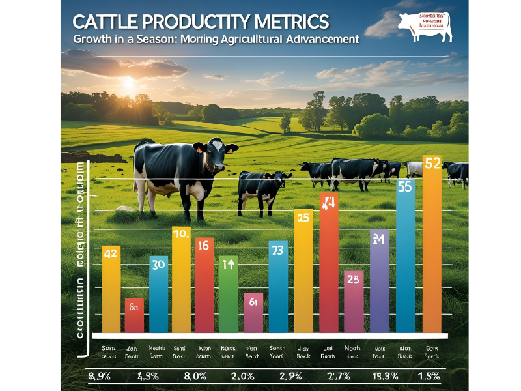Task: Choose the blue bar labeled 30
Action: pyautogui.click(x=158, y=293)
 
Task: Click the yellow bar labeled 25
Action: pyautogui.click(x=303, y=270)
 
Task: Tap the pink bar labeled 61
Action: pyautogui.click(x=253, y=313)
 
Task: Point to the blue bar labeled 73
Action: pyautogui.click(x=278, y=287)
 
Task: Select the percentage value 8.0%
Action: pyautogui.click(x=195, y=377)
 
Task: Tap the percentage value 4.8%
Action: pyautogui.click(x=149, y=377)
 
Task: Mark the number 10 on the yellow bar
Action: pyautogui.click(x=180, y=233)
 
